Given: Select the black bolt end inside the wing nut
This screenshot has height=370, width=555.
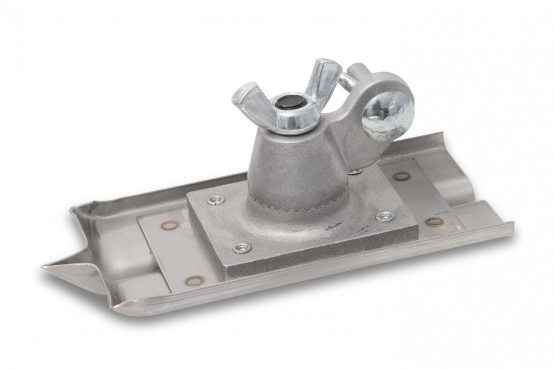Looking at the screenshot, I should click(289, 102).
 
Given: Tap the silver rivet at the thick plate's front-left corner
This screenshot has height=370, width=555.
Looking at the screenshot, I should click(242, 247).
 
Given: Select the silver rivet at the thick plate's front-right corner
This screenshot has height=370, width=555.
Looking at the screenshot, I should click(385, 216).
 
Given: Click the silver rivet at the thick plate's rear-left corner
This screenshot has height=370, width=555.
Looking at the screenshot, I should click(214, 199).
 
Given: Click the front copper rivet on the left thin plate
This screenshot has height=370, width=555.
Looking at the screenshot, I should click(194, 281).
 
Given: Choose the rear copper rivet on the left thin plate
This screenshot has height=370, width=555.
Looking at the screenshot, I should click(170, 225).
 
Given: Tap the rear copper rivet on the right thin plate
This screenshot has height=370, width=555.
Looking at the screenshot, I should click(402, 176).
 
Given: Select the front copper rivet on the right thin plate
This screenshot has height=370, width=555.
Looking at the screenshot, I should click(435, 221).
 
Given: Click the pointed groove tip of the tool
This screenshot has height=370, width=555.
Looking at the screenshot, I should click(50, 267).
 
